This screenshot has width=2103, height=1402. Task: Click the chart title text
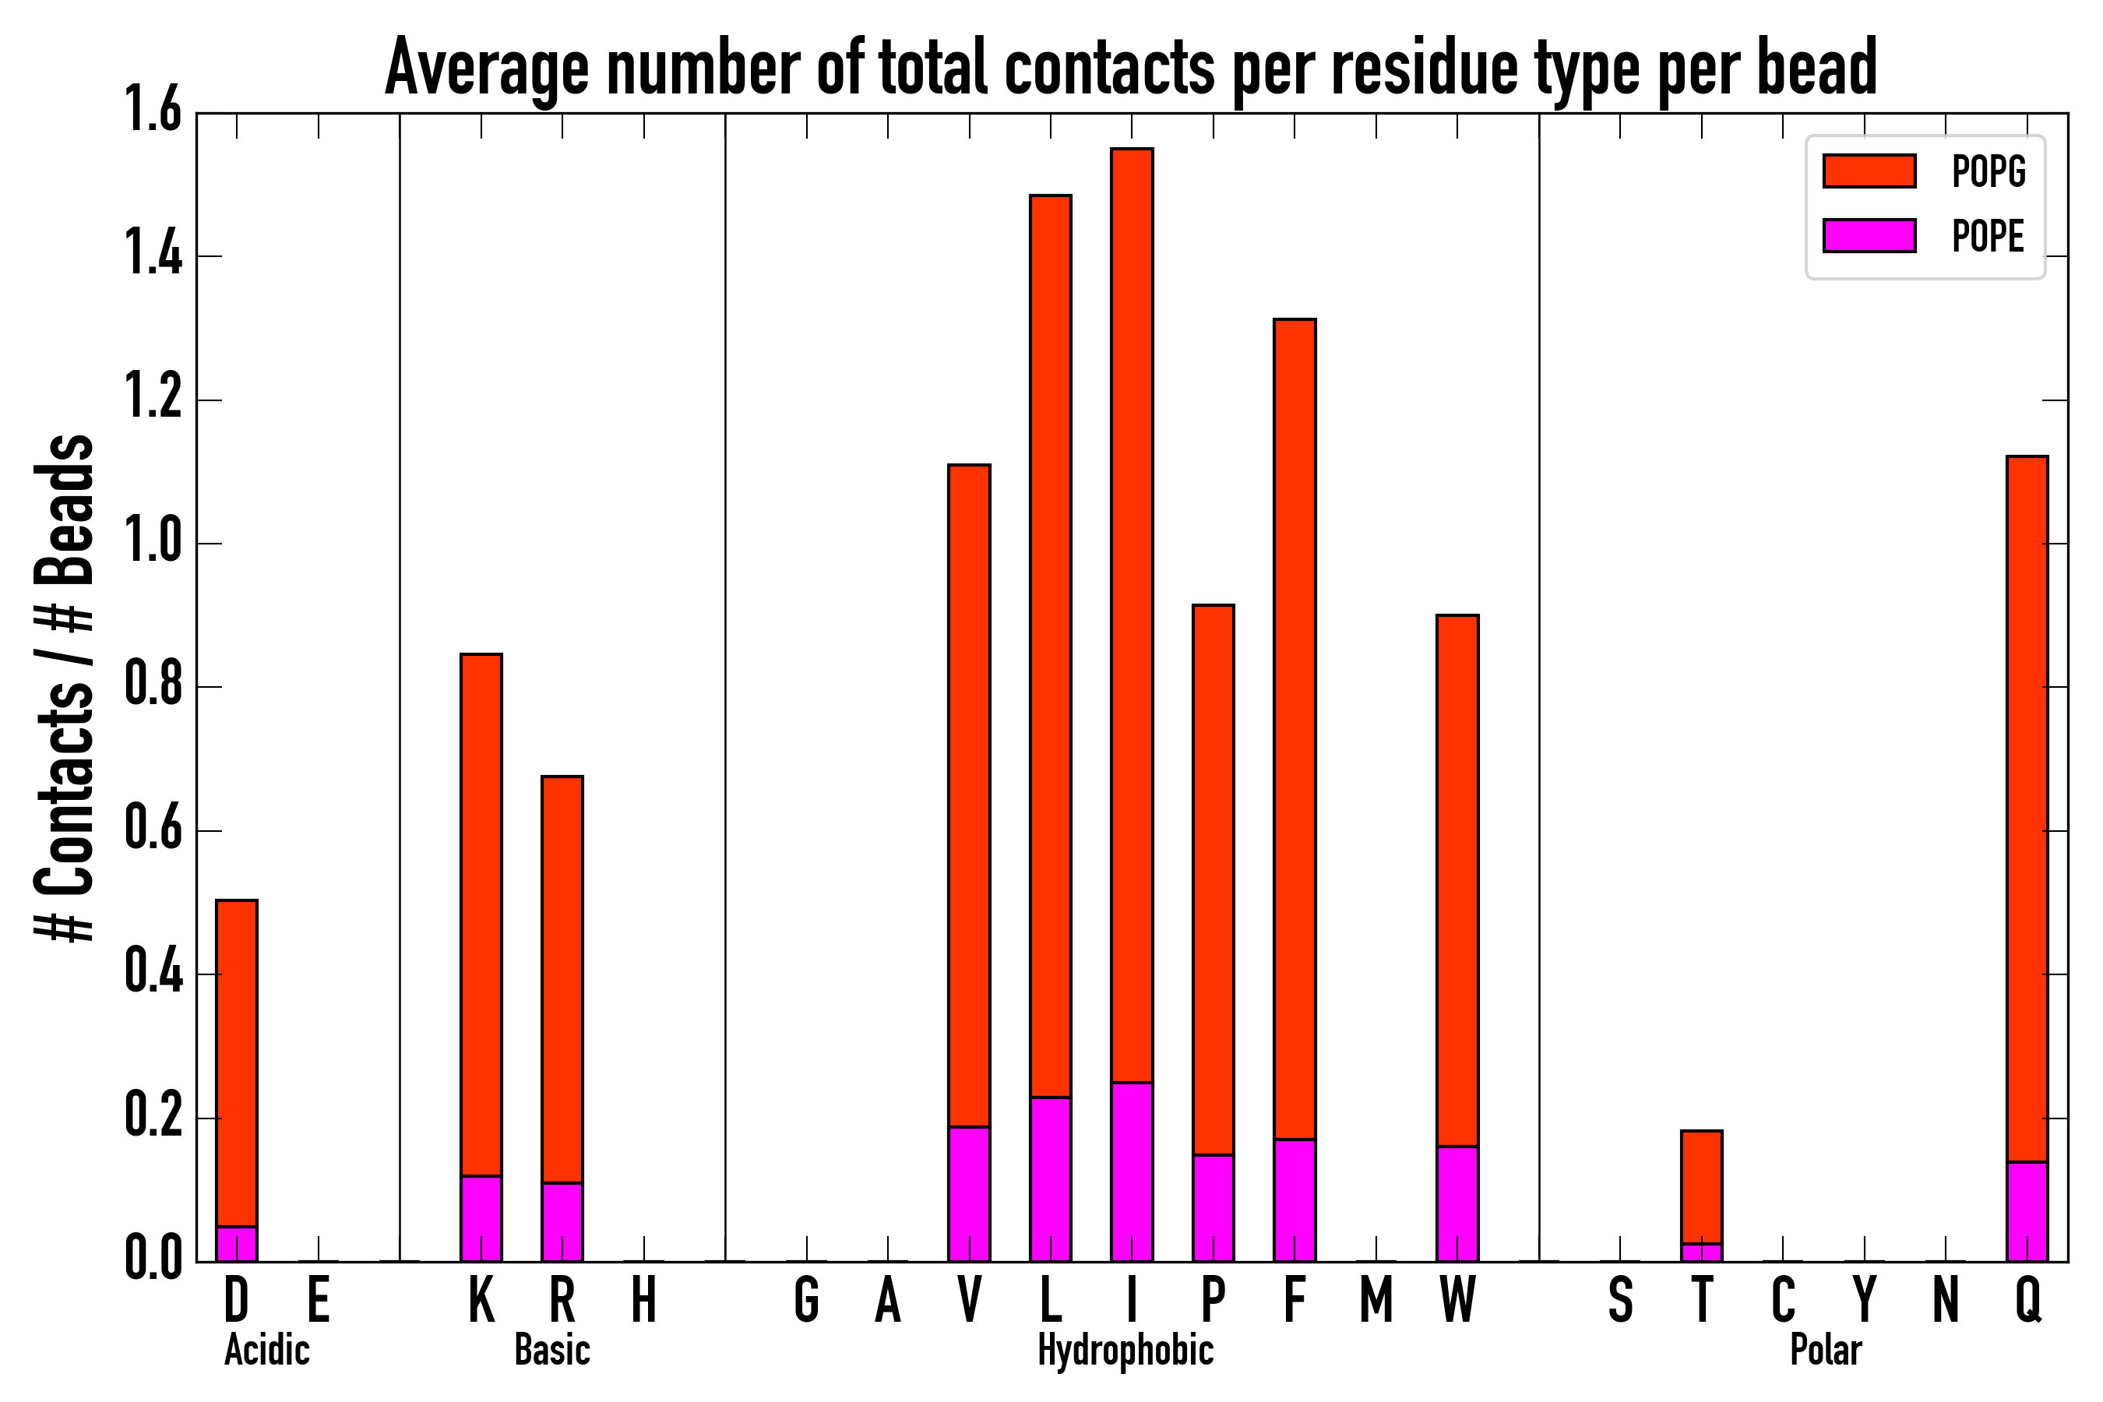tap(1131, 68)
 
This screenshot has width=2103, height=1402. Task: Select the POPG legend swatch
tap(1869, 171)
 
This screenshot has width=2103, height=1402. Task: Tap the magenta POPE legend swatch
tap(1869, 235)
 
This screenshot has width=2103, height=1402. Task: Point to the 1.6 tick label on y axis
tap(153, 113)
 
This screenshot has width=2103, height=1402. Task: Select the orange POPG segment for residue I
tap(1132, 617)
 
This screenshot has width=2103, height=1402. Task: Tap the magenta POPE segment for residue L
tap(1051, 1179)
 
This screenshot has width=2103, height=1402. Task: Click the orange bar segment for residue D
tap(237, 1064)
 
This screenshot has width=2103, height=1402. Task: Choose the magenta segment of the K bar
tap(481, 1219)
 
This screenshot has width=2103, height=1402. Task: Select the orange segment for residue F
tap(1295, 729)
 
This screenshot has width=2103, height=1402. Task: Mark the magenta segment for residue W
tap(1457, 1203)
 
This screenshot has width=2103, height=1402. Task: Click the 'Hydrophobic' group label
tap(1125, 1350)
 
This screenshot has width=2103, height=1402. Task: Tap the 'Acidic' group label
tap(266, 1350)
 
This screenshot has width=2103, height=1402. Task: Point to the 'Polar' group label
tap(1826, 1350)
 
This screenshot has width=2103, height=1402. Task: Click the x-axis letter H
tap(644, 1300)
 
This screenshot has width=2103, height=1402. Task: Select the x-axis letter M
tap(1376, 1300)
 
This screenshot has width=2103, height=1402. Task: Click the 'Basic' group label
tap(552, 1350)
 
